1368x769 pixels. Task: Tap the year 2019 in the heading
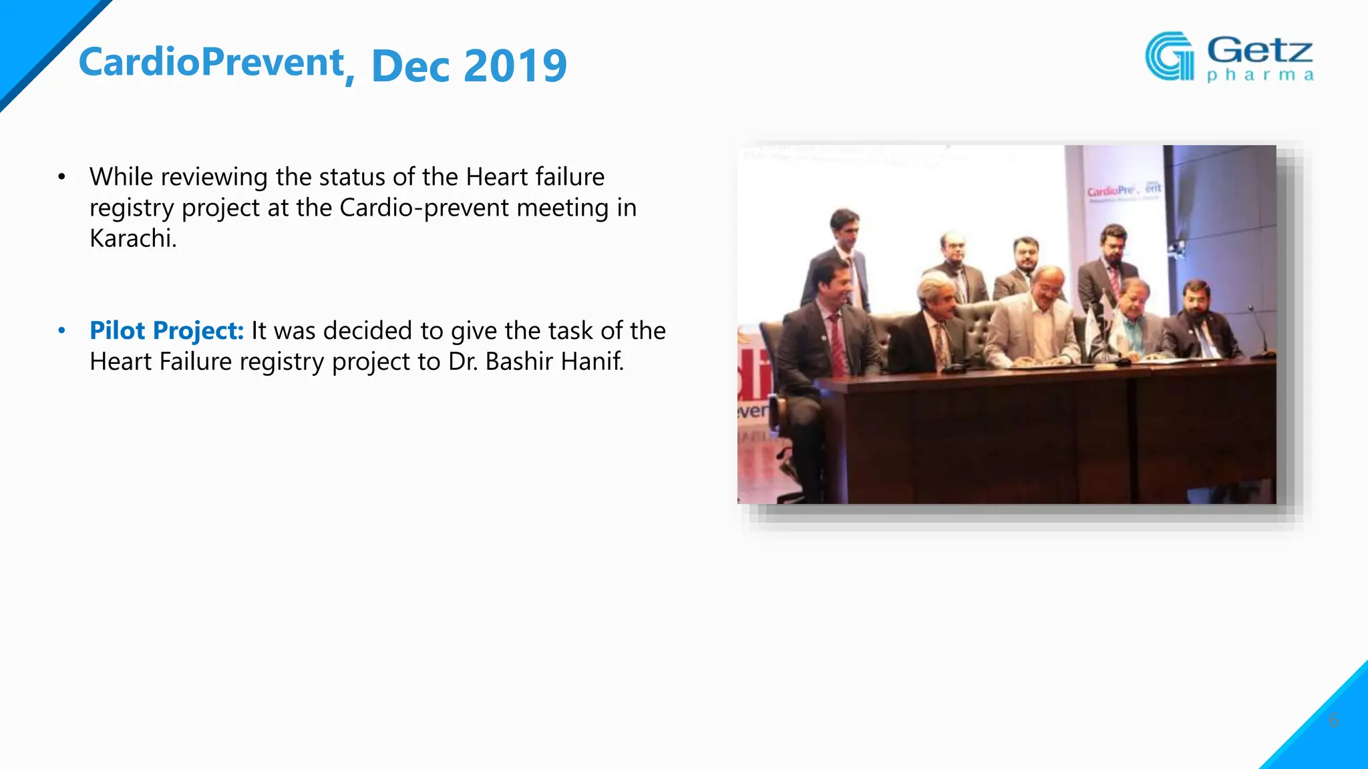[x=515, y=66]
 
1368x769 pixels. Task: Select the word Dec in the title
[x=410, y=66]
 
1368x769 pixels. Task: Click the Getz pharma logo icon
[x=1169, y=56]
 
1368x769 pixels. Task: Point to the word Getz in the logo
[x=1260, y=50]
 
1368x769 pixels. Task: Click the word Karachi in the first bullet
[x=133, y=238]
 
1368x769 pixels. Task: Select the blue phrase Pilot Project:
[x=167, y=330]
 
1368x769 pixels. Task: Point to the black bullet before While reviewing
[x=62, y=177]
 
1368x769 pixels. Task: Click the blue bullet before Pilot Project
[x=62, y=330]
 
